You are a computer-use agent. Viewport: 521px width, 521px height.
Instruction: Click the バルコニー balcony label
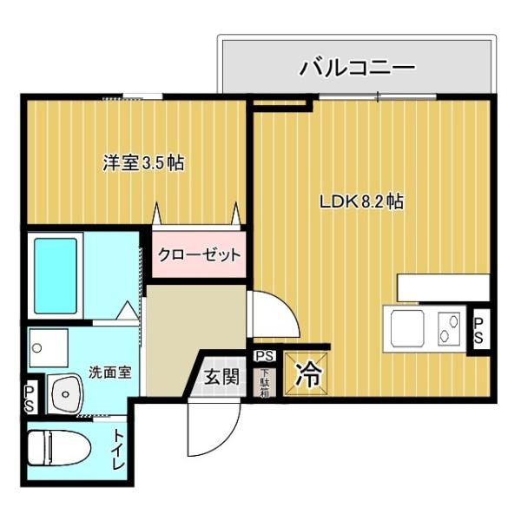pos(357,68)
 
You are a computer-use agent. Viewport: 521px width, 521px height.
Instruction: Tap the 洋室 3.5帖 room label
pos(143,163)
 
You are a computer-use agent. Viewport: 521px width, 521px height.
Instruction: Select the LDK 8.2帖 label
pos(362,201)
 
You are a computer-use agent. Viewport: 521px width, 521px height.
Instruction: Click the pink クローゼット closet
pos(199,254)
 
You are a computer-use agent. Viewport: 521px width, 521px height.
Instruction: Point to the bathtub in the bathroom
pos(56,276)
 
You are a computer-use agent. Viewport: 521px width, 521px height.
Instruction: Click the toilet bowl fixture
pos(59,447)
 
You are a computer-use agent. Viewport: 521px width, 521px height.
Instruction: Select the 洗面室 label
pos(109,373)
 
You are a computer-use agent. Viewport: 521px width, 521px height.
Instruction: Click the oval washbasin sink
pos(65,394)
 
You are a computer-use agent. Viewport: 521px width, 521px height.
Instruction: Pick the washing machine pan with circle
pos(49,348)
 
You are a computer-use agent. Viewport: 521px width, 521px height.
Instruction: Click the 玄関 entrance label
pos(221,377)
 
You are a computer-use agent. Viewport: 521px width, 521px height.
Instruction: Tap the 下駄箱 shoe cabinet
pos(264,383)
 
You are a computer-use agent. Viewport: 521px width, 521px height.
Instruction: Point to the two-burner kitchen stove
pos(449,328)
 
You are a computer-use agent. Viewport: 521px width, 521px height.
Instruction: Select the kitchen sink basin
pos(407,328)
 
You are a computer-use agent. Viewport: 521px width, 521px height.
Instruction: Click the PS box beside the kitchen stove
pos(478,331)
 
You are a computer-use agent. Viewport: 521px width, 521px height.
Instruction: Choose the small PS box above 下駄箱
pos(265,356)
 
